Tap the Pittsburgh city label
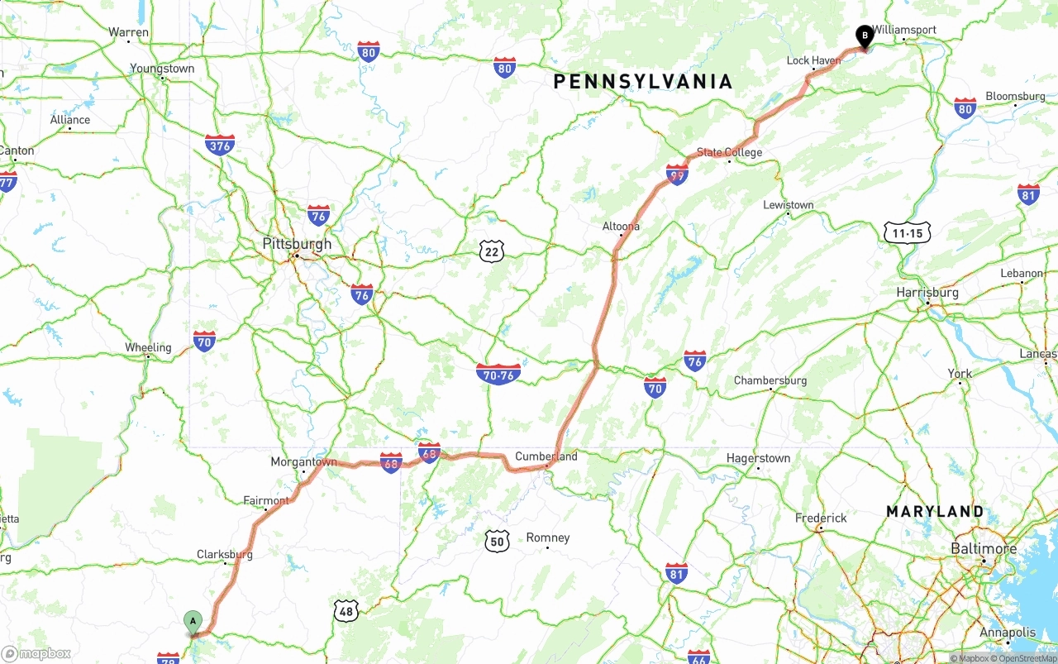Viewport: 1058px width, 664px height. pos(297,244)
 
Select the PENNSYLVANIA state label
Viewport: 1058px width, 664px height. pos(643,81)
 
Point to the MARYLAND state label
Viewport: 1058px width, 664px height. pos(935,512)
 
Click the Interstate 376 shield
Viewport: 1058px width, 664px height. pos(220,146)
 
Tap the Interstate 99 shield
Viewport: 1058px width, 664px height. pos(677,174)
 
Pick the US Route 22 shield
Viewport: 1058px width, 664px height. pos(491,251)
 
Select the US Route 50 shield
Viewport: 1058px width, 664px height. pos(496,542)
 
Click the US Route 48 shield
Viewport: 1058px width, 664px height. pos(346,611)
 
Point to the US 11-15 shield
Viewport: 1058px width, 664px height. pos(907,233)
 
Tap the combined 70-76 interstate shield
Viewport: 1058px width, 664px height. pos(498,374)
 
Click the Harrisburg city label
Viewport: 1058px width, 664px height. pos(927,293)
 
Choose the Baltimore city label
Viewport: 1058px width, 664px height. pos(984,549)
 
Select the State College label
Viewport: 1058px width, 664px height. pos(729,152)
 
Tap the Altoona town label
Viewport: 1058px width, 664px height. pos(621,226)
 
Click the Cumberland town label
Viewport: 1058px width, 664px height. pos(546,456)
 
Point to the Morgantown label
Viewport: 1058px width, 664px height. pos(304,462)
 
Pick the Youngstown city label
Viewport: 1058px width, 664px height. pos(162,69)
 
